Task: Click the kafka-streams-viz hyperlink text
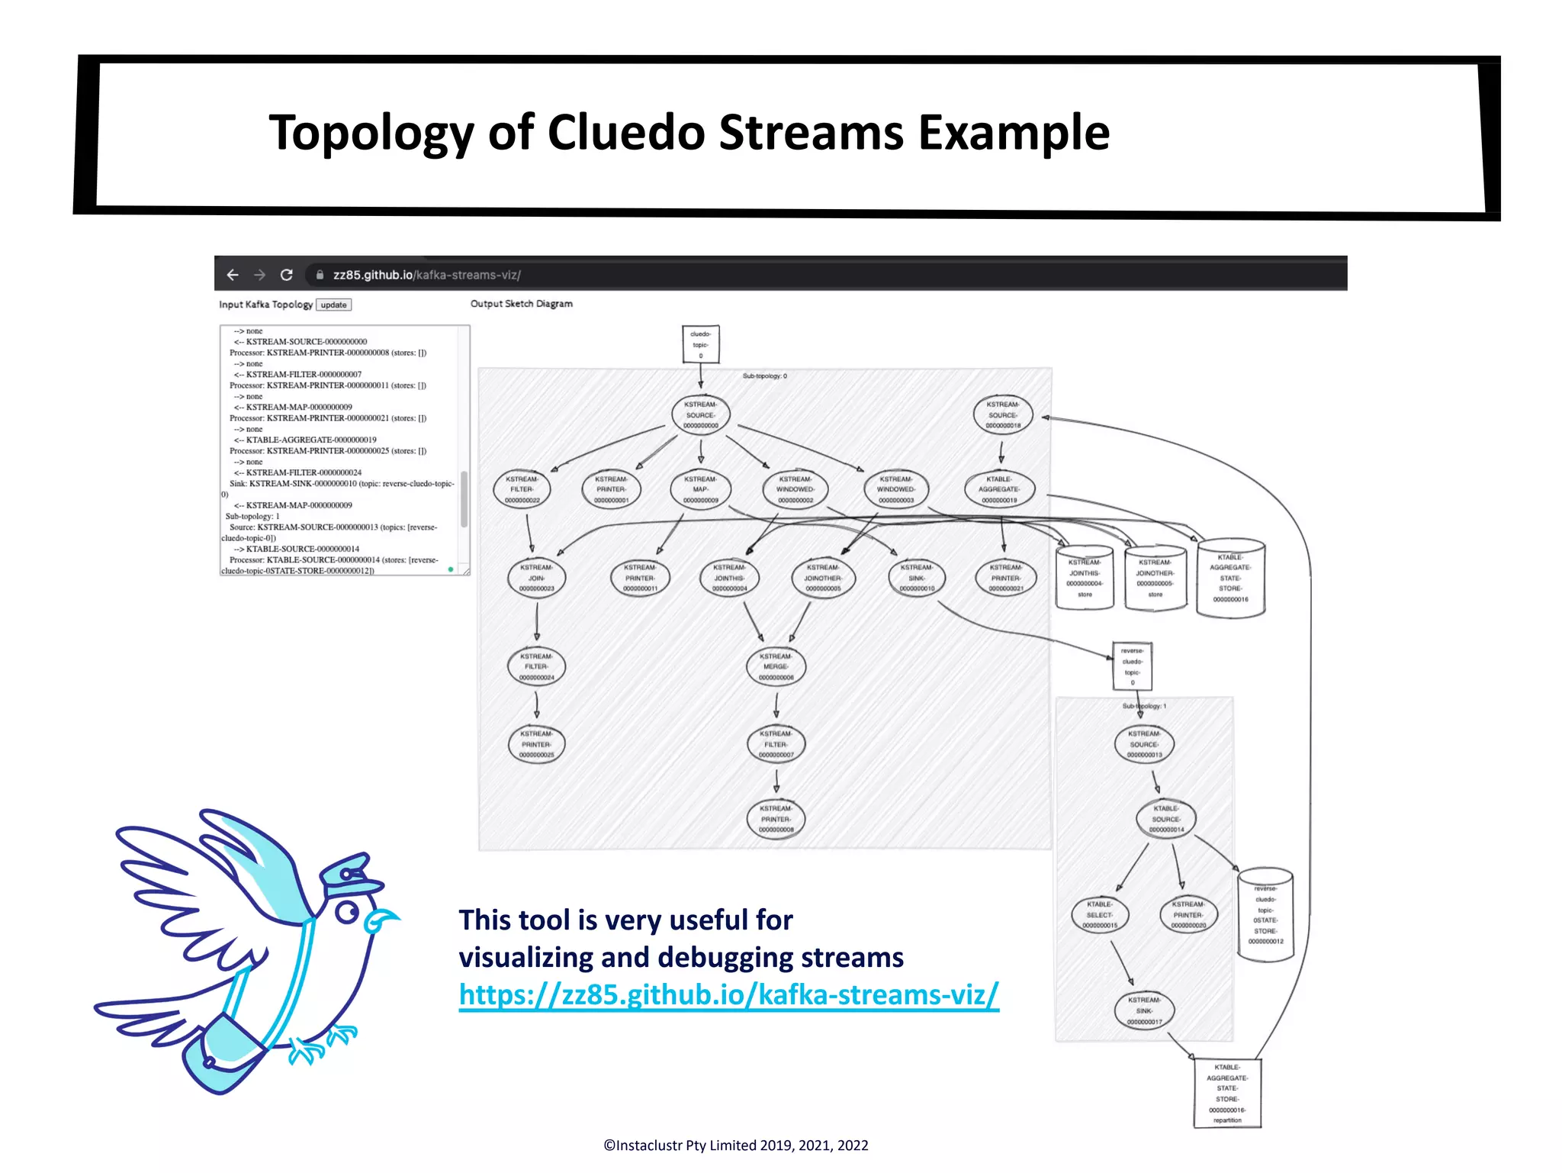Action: click(728, 995)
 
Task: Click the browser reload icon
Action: click(287, 275)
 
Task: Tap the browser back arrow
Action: click(233, 275)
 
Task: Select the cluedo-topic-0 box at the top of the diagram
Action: click(700, 345)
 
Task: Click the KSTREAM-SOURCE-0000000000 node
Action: click(700, 415)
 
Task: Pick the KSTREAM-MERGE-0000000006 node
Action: click(776, 667)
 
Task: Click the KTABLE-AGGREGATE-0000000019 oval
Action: click(1000, 490)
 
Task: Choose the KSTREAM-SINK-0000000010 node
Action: click(916, 578)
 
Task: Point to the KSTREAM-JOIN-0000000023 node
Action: click(536, 578)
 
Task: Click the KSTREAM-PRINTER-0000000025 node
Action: click(536, 745)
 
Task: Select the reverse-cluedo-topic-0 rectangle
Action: click(1132, 666)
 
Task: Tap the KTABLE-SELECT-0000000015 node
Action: click(1099, 915)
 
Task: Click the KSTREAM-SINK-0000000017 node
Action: click(1144, 1011)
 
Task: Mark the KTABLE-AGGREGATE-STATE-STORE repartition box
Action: click(1226, 1094)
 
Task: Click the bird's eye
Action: click(347, 912)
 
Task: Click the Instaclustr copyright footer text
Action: click(735, 1146)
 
